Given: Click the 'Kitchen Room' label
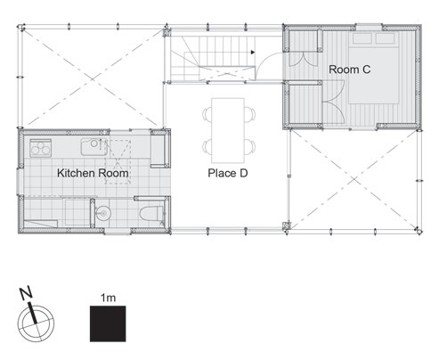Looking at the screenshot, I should click(x=93, y=172).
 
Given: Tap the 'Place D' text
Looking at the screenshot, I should click(x=227, y=173).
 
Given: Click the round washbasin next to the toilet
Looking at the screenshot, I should click(x=105, y=212).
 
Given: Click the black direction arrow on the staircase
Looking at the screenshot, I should click(x=255, y=53).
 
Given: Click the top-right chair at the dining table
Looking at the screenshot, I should click(x=251, y=112).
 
